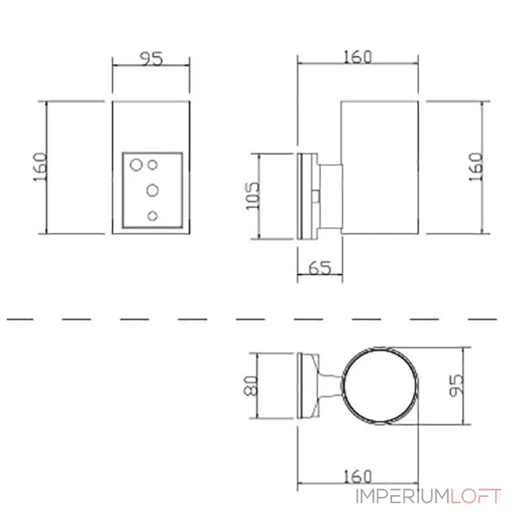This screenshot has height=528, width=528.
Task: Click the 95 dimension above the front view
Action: point(151,59)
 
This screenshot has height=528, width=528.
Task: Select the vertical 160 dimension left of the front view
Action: point(40,167)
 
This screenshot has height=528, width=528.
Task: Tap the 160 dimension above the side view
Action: point(358,57)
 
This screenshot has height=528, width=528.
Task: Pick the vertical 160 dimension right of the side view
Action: point(476,167)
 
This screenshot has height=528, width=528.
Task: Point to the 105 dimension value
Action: point(253,196)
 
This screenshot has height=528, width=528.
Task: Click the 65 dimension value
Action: point(320,268)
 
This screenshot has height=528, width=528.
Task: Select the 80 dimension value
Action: point(251,385)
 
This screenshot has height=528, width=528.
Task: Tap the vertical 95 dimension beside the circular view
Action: point(457,385)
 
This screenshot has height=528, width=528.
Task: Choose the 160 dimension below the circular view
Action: point(358,476)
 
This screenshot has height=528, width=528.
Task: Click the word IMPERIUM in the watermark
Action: point(403,496)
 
